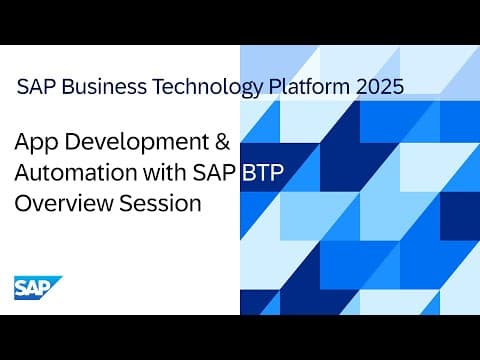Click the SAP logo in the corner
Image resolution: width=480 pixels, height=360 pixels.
point(36,288)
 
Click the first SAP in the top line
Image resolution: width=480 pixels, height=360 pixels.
point(38,87)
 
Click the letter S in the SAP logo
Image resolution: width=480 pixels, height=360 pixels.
point(23,289)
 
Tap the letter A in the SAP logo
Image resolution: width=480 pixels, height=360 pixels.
point(36,289)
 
